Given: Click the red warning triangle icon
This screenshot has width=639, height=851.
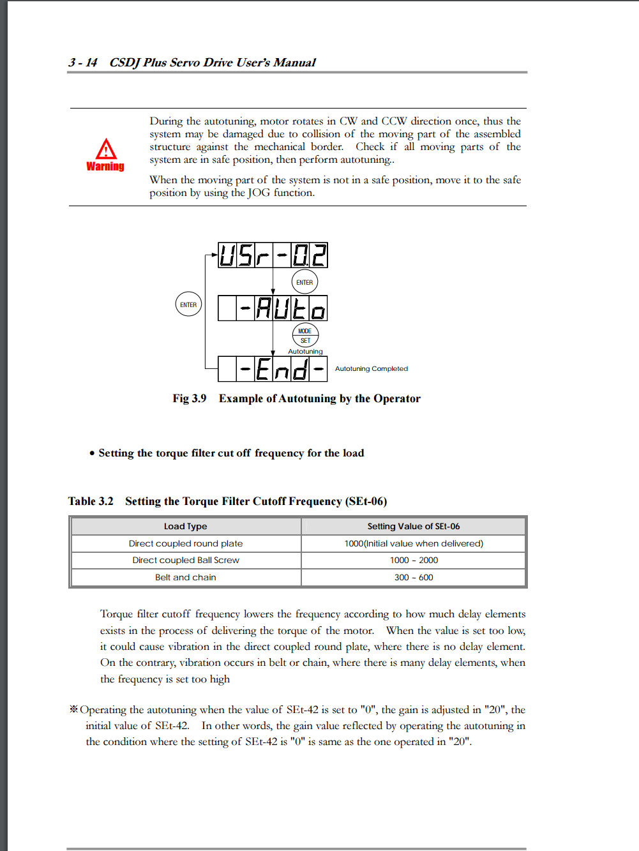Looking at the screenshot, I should pos(106,149).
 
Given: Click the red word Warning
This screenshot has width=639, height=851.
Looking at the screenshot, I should pos(105,167).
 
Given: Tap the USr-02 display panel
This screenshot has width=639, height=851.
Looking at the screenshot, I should pos(273,255).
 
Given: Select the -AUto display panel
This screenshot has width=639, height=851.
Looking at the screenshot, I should pos(273,308).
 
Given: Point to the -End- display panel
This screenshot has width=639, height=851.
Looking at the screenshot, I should pos(273,369).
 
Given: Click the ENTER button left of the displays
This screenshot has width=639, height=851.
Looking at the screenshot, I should pos(188,305).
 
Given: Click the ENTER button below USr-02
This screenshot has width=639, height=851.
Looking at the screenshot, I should pos(304,282).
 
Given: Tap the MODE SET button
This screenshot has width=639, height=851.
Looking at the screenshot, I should pos(305,335).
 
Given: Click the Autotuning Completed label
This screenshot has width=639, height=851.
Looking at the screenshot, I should pos(371,368).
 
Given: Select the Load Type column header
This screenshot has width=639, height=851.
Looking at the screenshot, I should pos(185,526).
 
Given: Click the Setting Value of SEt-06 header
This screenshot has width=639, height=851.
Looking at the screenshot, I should pos(413,526).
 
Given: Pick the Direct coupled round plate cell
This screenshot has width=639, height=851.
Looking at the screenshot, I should pos(185,543).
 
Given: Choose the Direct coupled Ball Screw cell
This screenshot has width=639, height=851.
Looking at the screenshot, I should pos(185,560).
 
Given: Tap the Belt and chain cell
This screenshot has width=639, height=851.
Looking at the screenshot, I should pos(185,577).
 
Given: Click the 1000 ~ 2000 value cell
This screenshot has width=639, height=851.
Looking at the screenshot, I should pos(414,560).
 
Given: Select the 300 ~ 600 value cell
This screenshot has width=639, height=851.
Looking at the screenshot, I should pos(414,577).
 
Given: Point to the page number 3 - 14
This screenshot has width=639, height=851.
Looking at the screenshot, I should pos(83,63).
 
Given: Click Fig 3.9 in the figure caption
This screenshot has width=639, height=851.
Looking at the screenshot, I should pos(189,398).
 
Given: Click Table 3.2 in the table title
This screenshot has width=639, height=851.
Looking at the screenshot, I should pos(91,501).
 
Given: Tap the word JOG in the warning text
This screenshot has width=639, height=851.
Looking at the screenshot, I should pos(259,193).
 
